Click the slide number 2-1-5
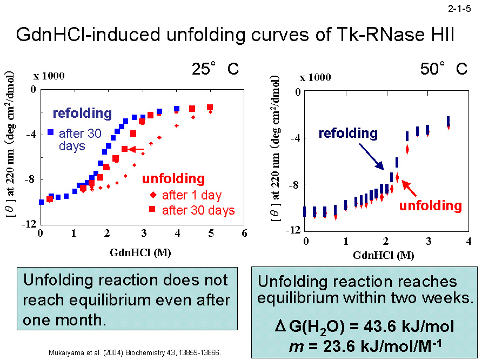point(460,8)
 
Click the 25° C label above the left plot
point(215,69)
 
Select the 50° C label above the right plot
point(444,69)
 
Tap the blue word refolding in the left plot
point(82,114)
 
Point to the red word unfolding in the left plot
point(173,179)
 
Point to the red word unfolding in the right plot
point(430,205)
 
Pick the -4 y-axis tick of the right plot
point(296,138)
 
